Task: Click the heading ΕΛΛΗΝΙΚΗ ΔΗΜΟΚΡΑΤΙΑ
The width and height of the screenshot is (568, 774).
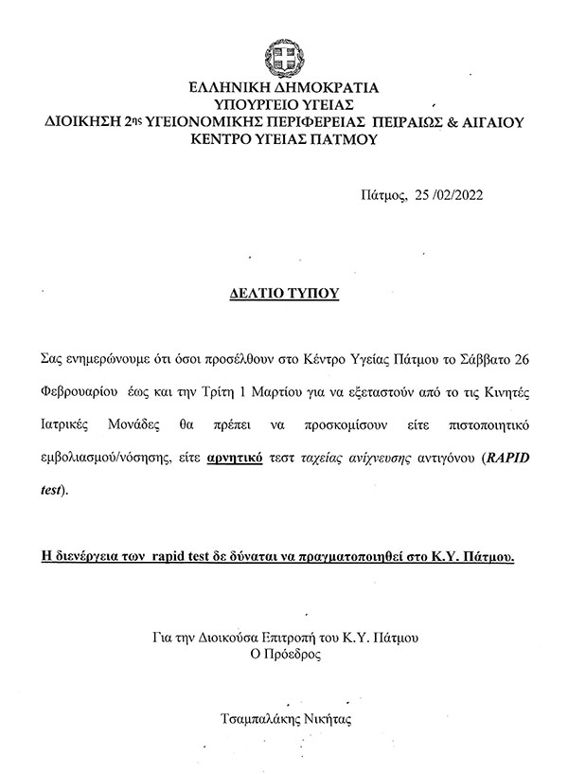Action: pyautogui.click(x=285, y=88)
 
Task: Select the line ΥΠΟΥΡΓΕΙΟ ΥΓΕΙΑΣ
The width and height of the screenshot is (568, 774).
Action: pyautogui.click(x=284, y=104)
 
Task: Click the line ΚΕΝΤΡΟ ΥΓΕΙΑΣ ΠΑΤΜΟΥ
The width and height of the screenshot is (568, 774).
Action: pyautogui.click(x=284, y=139)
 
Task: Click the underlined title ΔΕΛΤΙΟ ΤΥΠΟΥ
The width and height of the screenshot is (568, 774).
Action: pyautogui.click(x=284, y=294)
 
